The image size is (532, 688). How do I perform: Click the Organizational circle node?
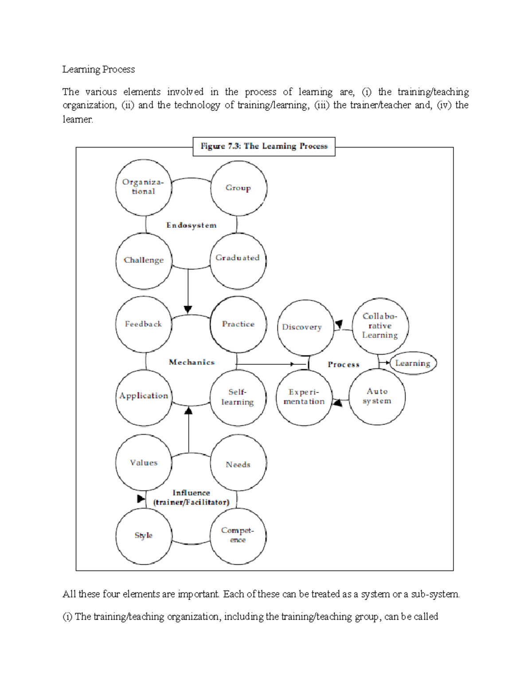click(x=143, y=187)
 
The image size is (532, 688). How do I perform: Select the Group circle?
click(x=239, y=188)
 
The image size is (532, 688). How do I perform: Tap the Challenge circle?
click(x=143, y=260)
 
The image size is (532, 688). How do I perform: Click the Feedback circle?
click(x=143, y=324)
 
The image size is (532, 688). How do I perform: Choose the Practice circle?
click(x=239, y=324)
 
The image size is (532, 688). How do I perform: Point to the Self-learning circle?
click(x=238, y=397)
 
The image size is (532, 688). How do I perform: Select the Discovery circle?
click(x=305, y=327)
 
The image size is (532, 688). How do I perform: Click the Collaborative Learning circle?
click(x=380, y=326)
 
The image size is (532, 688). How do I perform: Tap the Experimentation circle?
click(x=304, y=397)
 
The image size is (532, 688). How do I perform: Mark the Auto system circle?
click(x=377, y=396)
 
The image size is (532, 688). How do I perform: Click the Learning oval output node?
click(x=413, y=363)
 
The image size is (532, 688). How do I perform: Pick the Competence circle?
click(x=238, y=536)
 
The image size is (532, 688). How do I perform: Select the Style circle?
click(x=143, y=536)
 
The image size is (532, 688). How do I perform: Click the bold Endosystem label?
click(x=192, y=225)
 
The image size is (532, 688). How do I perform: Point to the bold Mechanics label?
click(x=192, y=362)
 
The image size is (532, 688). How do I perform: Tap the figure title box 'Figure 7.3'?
click(x=264, y=146)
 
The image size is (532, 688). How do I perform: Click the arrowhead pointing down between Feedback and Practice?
click(x=188, y=309)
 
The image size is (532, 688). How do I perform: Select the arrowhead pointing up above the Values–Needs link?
click(x=188, y=411)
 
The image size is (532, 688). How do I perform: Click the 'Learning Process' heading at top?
click(x=98, y=70)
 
